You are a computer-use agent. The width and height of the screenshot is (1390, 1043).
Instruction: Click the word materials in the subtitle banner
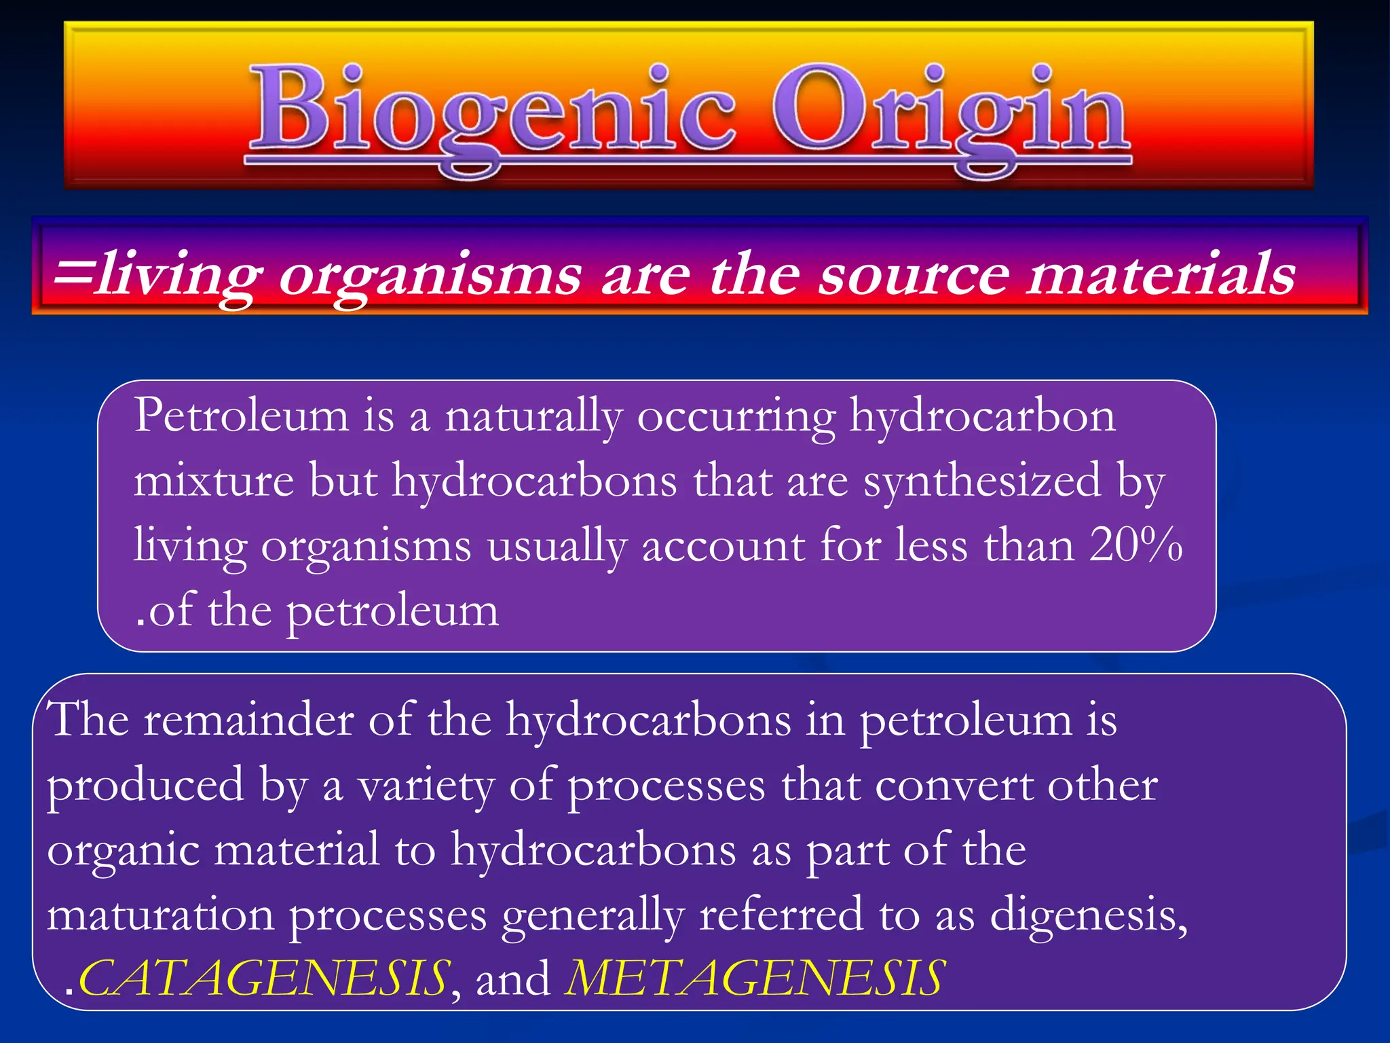point(1161,274)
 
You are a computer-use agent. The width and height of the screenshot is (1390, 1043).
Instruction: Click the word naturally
point(533,416)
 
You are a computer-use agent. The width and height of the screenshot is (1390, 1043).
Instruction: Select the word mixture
point(214,481)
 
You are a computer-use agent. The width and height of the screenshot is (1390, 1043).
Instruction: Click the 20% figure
point(1135,545)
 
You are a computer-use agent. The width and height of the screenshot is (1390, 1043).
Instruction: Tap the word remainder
point(248,720)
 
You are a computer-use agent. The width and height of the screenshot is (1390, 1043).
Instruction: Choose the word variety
point(426,786)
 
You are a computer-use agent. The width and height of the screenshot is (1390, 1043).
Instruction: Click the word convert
point(952,786)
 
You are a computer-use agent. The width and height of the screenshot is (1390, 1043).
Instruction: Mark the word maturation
point(161,915)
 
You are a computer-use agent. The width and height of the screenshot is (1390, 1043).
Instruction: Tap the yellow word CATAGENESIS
point(263,978)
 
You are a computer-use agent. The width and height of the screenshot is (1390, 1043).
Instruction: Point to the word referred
point(781,915)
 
